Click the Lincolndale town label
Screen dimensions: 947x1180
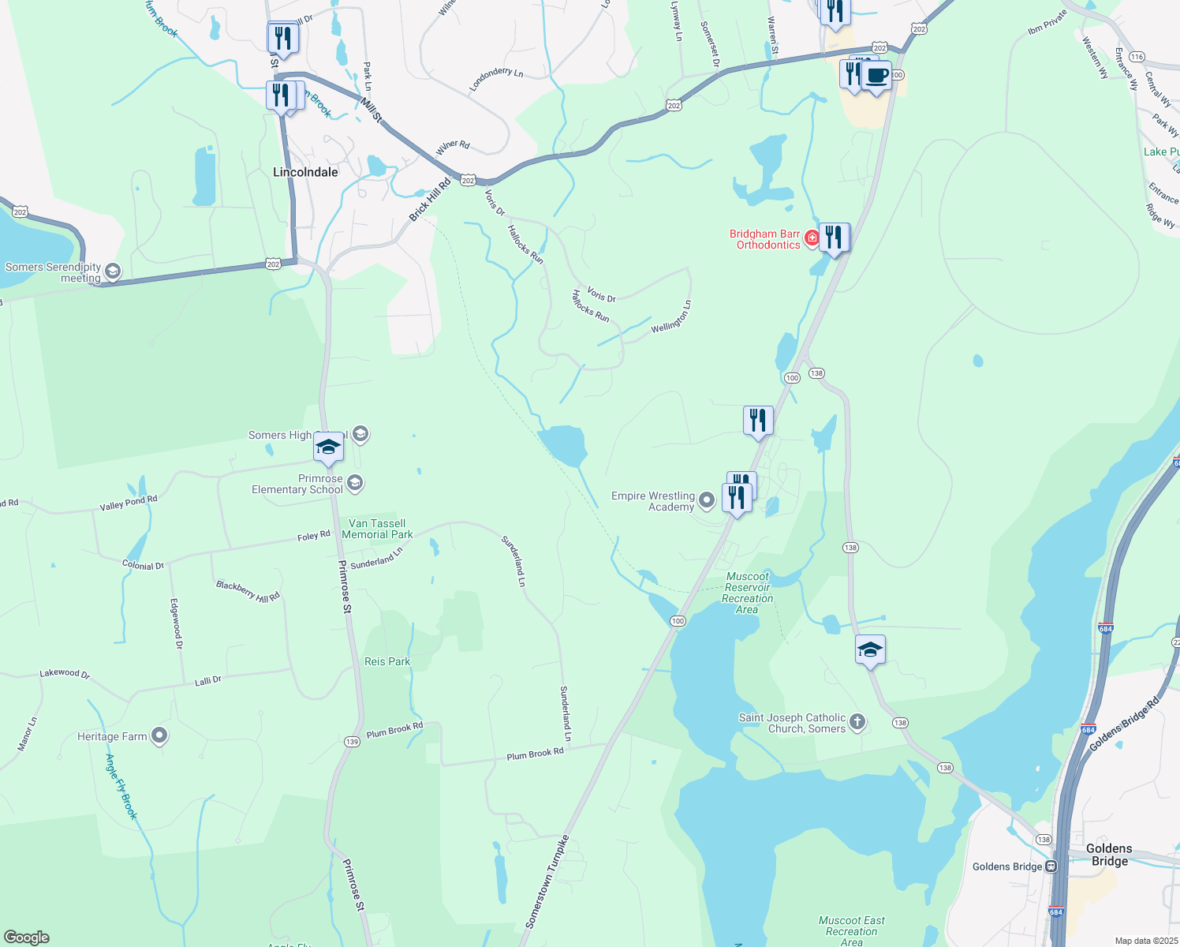click(305, 172)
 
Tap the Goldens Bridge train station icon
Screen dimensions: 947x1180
click(1051, 867)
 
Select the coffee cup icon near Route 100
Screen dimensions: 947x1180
click(876, 76)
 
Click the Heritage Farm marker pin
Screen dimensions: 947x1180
click(159, 736)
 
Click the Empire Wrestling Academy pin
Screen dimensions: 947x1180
click(707, 500)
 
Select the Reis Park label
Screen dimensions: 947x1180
click(387, 661)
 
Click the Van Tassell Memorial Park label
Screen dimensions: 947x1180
click(377, 529)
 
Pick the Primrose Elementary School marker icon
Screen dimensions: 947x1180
click(355, 483)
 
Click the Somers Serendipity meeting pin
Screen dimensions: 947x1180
click(112, 272)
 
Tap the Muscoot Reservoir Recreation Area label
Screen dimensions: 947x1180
click(747, 593)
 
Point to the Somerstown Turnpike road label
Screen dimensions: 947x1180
click(547, 881)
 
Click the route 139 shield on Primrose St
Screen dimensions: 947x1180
click(352, 742)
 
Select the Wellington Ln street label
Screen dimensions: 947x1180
click(671, 316)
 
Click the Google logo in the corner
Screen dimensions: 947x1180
click(27, 938)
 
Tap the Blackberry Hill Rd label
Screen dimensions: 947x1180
click(248, 591)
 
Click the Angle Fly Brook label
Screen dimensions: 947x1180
click(121, 787)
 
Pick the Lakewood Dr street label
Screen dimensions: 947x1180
click(65, 673)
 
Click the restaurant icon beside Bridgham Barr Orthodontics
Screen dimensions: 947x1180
click(834, 237)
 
